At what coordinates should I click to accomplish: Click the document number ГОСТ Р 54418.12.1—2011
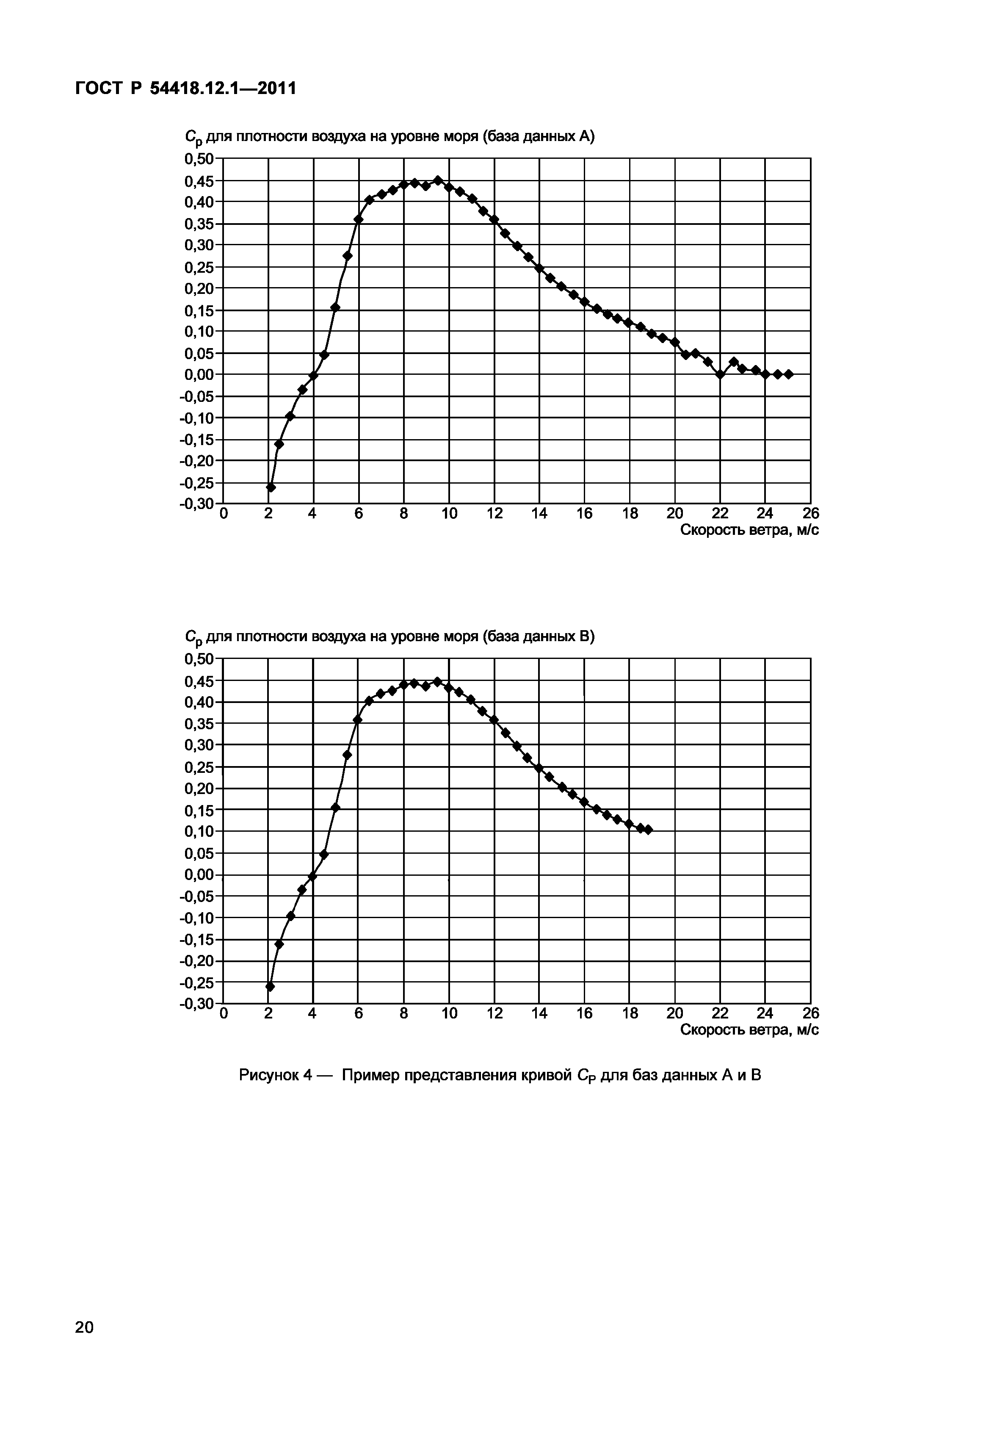click(x=185, y=89)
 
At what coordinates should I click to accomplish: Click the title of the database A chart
click(x=389, y=137)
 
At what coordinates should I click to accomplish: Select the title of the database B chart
click(x=389, y=637)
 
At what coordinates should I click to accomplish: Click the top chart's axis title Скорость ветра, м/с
click(x=749, y=530)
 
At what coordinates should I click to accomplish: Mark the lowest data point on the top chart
click(x=271, y=487)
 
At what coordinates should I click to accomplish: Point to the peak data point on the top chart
click(x=438, y=180)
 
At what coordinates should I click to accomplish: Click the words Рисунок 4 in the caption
click(x=276, y=1075)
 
